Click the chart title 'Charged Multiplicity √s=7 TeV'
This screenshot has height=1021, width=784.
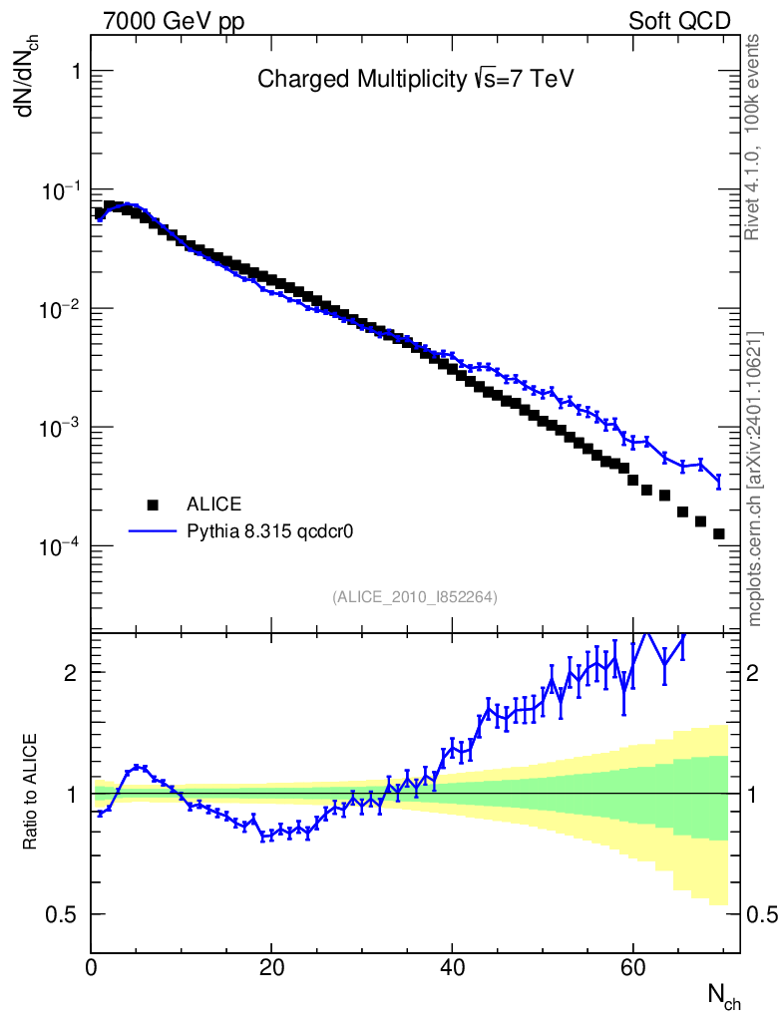tap(416, 79)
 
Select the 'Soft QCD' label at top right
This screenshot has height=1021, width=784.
tap(679, 21)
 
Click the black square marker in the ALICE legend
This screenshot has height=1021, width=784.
tap(154, 504)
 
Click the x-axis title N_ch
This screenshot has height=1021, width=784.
tap(723, 995)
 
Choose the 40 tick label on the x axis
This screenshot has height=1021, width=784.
tap(452, 967)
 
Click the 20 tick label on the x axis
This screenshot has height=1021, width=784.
tap(271, 967)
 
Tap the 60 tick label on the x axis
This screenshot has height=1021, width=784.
tap(632, 967)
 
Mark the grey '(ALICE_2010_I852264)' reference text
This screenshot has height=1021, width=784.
tap(415, 597)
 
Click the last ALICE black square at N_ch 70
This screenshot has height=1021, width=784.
tap(718, 534)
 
